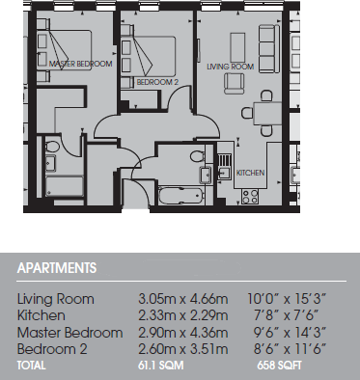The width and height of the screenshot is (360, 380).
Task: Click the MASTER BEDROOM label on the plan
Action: [x=80, y=64]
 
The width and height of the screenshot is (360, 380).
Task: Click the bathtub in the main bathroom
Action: [x=180, y=196]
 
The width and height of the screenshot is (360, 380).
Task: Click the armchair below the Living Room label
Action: [x=234, y=84]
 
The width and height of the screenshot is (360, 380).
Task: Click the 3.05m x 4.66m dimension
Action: [x=178, y=299]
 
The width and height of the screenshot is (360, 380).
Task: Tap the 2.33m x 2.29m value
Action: [x=178, y=315]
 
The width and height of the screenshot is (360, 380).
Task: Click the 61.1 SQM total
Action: [x=165, y=366]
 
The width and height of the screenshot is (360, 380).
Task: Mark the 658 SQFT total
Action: [x=281, y=366]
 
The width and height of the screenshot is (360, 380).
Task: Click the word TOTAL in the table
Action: [x=31, y=366]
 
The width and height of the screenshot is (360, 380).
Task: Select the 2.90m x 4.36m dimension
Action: [x=178, y=332]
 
